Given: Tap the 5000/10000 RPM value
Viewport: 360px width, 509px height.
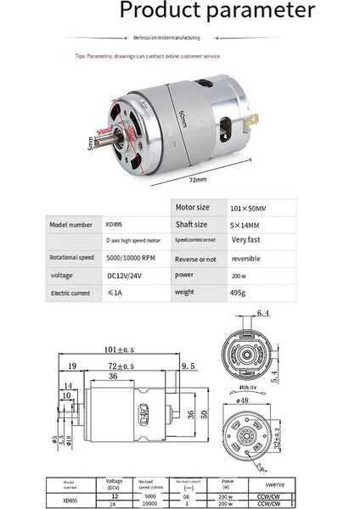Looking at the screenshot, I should (x=131, y=259).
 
